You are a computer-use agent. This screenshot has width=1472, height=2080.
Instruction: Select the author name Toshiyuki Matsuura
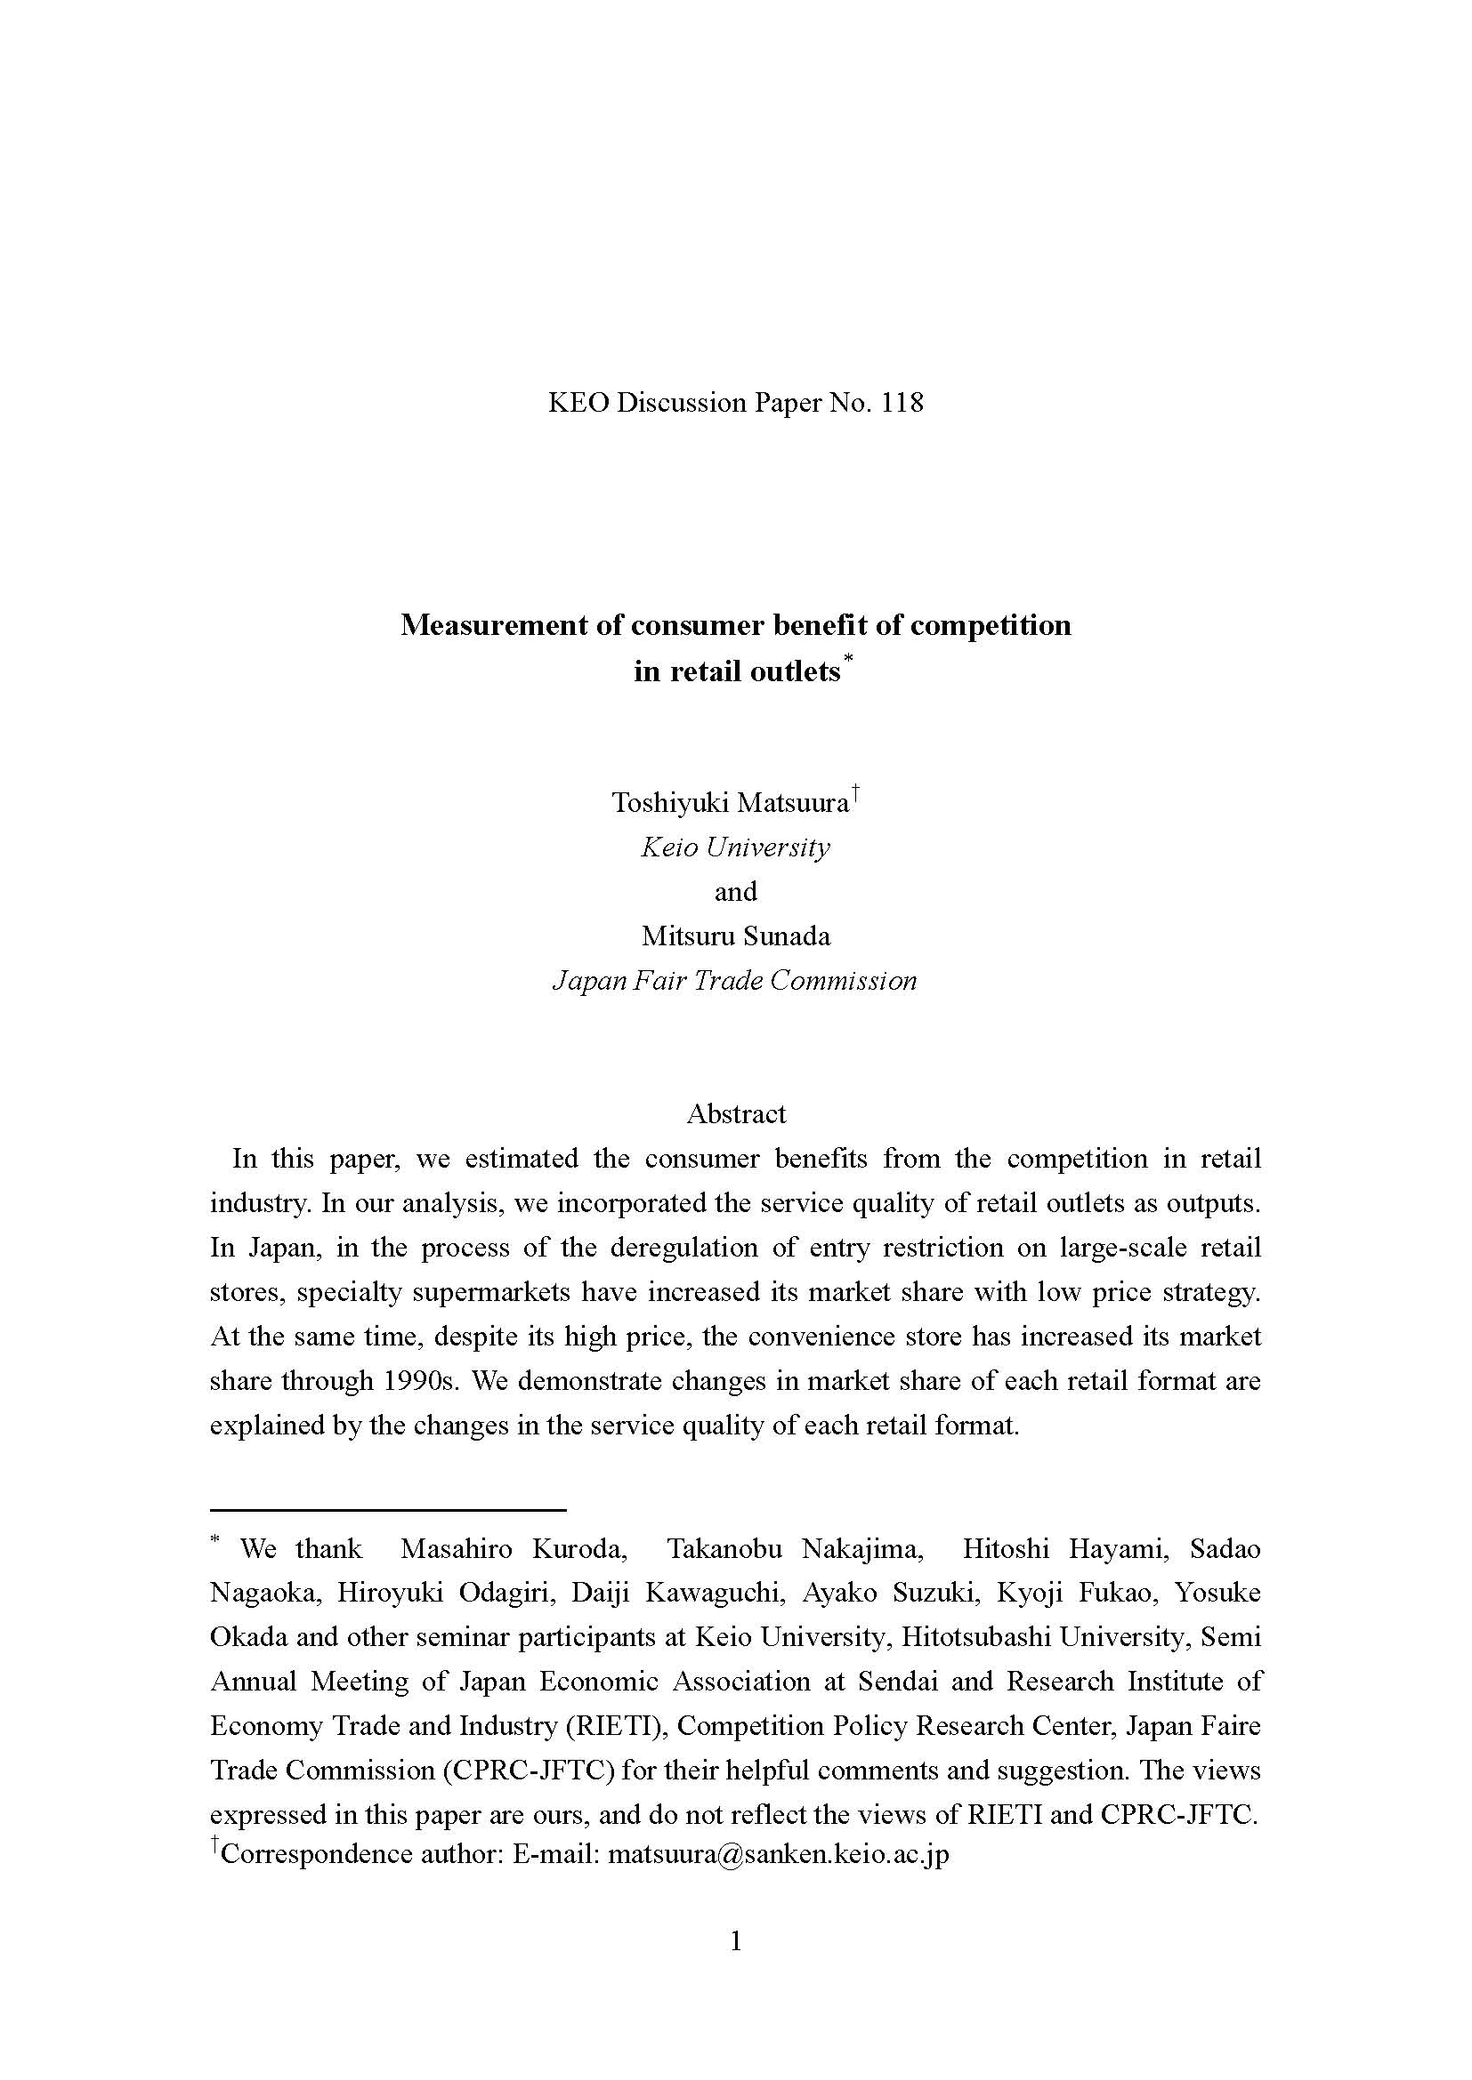731,803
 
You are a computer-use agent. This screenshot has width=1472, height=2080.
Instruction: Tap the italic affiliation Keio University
735,847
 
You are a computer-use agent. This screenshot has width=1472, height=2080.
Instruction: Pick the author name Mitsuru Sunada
735,936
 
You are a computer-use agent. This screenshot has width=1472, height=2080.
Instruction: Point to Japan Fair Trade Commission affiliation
735,980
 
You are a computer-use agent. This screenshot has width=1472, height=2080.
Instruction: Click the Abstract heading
736,1113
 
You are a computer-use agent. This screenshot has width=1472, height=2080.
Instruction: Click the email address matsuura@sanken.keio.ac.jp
779,1853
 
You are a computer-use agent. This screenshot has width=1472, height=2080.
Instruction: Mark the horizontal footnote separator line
388,1509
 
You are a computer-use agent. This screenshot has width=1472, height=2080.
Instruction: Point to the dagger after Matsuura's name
855,793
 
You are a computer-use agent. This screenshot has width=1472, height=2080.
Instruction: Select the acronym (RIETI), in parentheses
618,1726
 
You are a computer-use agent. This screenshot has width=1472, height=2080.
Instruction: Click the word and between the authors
735,891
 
